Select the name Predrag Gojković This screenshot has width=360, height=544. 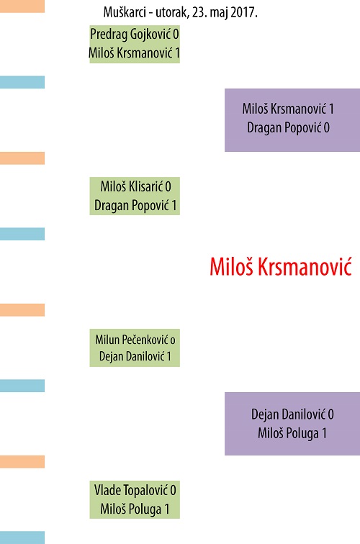click(x=130, y=35)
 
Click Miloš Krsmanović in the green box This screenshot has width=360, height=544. click(x=131, y=53)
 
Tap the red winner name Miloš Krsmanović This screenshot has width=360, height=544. click(x=281, y=266)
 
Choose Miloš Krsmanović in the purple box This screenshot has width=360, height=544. click(x=284, y=109)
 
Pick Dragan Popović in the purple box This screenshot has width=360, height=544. click(x=284, y=127)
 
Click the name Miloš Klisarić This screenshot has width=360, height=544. click(x=132, y=186)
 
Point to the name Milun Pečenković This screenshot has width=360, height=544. click(x=132, y=340)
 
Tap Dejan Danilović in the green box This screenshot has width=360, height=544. click(x=132, y=356)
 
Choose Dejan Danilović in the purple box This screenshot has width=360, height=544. click(x=289, y=414)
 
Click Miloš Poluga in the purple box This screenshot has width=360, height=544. click(x=288, y=433)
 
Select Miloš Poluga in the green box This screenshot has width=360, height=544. click(x=131, y=509)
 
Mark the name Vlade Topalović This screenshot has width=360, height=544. click(x=131, y=490)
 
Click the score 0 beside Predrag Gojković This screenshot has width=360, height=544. click(x=176, y=35)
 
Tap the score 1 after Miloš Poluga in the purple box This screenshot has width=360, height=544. click(x=324, y=433)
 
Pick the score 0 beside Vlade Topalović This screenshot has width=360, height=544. click(x=173, y=491)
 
